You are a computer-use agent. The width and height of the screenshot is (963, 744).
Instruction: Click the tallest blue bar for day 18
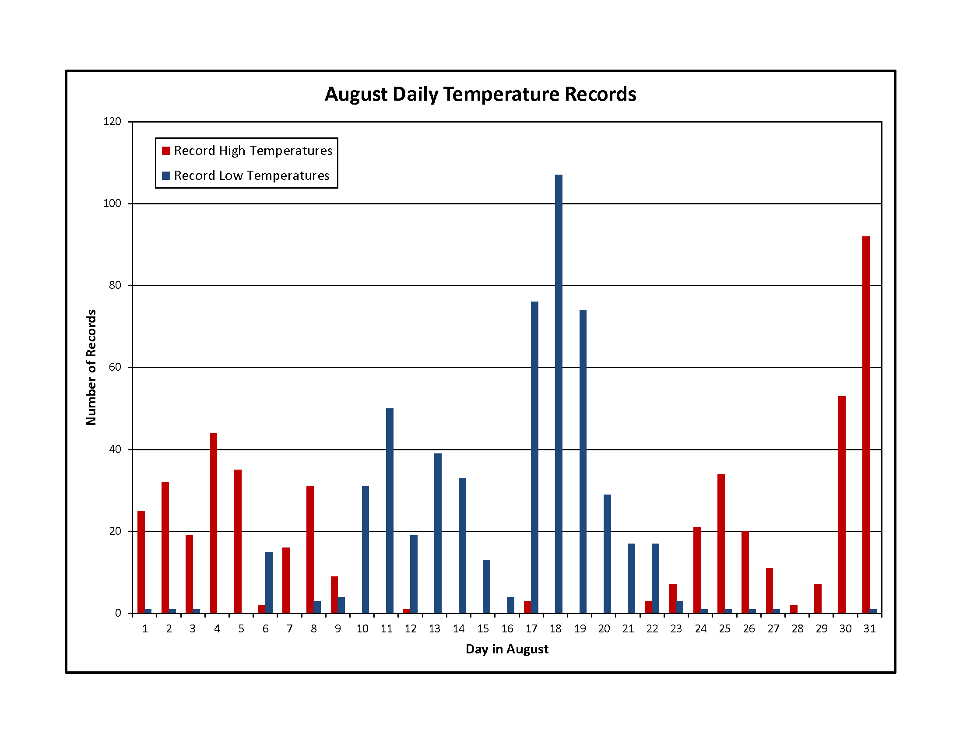pos(559,393)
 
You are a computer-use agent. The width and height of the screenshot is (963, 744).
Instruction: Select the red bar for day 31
pos(866,425)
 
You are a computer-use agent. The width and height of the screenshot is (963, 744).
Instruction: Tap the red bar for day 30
pos(842,504)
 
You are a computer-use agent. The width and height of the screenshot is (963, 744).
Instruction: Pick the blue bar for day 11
pos(390,510)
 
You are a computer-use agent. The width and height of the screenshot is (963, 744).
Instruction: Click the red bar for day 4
pos(214,523)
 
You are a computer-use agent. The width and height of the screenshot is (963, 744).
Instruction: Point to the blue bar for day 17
pos(534,457)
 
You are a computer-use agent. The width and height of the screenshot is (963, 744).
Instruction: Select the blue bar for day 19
pos(583,461)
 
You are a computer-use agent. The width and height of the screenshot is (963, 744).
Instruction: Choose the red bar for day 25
pos(721,544)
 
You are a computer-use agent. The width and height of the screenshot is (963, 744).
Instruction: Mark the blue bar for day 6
pos(269,582)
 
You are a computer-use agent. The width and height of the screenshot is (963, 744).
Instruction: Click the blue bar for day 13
pos(438,533)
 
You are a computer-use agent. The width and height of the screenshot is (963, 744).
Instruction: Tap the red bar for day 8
pos(310,550)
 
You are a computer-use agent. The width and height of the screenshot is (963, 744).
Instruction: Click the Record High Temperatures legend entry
pos(247,151)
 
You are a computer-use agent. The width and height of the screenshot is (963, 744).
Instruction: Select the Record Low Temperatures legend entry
pos(246,175)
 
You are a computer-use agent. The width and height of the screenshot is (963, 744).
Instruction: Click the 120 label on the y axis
pos(112,121)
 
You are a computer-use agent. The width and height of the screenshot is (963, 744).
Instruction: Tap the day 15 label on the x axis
pos(483,628)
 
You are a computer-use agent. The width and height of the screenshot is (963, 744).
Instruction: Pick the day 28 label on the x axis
pos(798,628)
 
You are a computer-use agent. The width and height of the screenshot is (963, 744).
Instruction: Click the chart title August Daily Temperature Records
pos(481,95)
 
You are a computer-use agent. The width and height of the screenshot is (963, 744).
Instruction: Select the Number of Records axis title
pos(91,367)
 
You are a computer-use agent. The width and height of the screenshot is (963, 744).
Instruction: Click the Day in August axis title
pos(507,649)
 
